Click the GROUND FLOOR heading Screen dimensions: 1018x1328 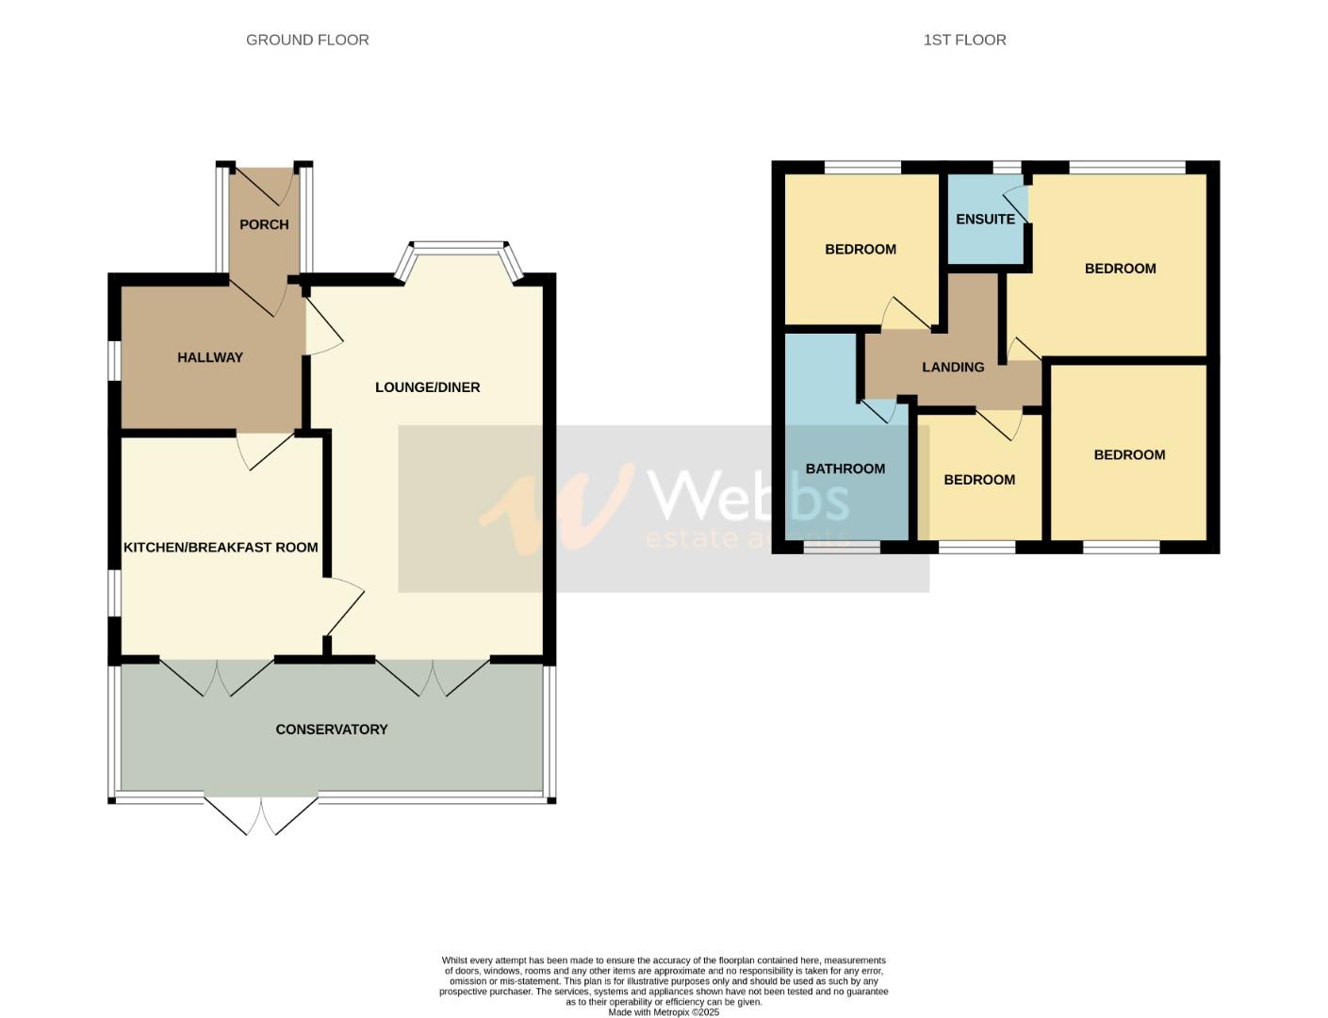click(307, 40)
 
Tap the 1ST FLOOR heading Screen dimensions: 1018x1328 click(964, 40)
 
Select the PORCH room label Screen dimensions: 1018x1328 click(264, 224)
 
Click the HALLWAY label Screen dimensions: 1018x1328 click(210, 357)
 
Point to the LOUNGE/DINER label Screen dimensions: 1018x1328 click(427, 387)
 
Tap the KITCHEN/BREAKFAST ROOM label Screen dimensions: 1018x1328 click(221, 548)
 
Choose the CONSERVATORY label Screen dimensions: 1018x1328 click(331, 730)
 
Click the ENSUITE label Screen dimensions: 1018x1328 click(985, 220)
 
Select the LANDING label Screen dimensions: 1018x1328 click(953, 368)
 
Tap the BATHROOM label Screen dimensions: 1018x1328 click(844, 468)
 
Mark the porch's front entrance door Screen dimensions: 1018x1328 click(264, 186)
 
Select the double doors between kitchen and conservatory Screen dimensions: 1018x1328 click(217, 675)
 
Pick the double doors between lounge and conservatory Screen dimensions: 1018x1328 click(433, 675)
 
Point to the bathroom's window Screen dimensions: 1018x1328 click(842, 547)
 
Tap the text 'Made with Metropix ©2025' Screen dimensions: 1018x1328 click(664, 1012)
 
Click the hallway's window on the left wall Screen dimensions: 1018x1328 click(114, 360)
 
